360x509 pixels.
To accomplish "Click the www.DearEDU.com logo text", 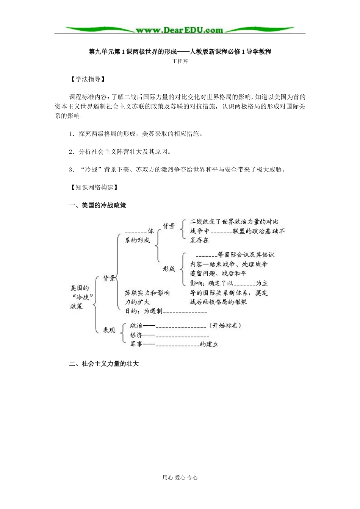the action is [179, 30].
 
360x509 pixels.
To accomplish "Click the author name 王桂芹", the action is [180, 61].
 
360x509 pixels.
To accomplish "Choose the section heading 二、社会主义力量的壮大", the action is [104, 364].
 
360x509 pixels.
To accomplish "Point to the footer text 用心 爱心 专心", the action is [180, 478].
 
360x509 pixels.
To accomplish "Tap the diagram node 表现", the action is [110, 330].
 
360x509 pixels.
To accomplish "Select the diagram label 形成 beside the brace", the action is [169, 269].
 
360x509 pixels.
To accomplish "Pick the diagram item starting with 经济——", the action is [169, 335].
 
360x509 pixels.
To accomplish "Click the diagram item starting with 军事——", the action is [174, 344].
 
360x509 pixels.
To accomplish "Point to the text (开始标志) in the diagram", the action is [225, 325].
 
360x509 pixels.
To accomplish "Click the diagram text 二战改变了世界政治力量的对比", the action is [234, 222].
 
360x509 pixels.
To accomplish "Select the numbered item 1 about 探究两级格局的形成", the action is [135, 134].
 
